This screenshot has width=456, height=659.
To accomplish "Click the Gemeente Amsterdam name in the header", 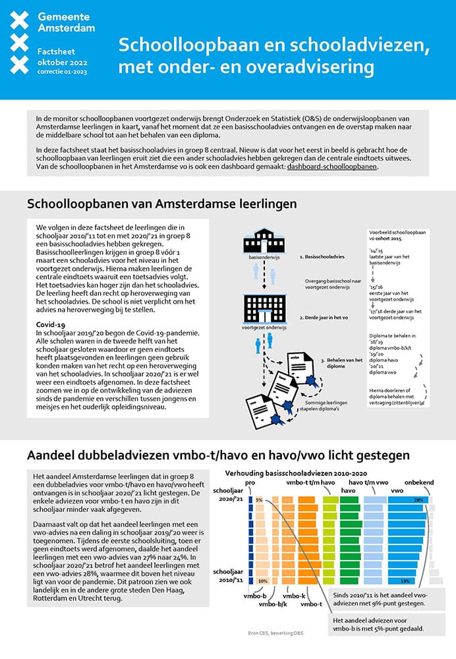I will pos(66,22).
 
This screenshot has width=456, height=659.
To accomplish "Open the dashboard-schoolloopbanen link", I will pos(332,167).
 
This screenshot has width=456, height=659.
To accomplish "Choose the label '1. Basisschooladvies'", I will pos(322,254).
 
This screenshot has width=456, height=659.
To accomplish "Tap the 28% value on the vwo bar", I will pos(418,500).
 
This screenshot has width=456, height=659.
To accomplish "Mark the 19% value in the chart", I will pos(405,581).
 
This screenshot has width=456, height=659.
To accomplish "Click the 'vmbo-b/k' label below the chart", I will pos(271,604).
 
